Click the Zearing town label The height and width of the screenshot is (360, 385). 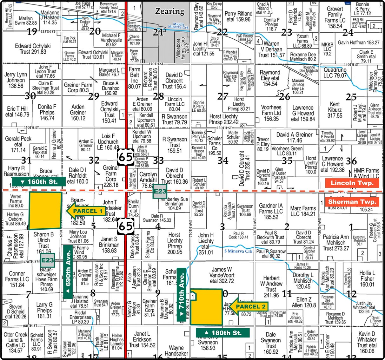point(169,12)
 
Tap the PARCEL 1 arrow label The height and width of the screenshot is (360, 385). point(86,211)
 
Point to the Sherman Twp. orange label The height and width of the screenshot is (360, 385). point(352,202)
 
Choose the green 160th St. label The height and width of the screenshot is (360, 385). point(39,182)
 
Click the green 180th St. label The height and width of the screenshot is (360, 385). point(222,333)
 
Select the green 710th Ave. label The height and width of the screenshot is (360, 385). point(181,295)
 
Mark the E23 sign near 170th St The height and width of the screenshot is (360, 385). point(48,260)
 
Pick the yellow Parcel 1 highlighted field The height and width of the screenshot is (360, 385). point(45,210)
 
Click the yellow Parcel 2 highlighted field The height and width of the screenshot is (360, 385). point(206,307)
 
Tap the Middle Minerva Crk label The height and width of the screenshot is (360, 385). point(180,26)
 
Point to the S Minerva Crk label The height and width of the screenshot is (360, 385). point(238,251)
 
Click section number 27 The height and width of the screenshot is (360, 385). point(223,96)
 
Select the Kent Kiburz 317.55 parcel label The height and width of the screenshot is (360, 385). point(335,110)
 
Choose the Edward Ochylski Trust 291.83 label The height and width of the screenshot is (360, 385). point(33,49)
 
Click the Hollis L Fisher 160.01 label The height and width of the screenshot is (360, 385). point(367,278)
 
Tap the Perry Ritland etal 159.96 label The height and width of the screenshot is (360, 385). point(238,16)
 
